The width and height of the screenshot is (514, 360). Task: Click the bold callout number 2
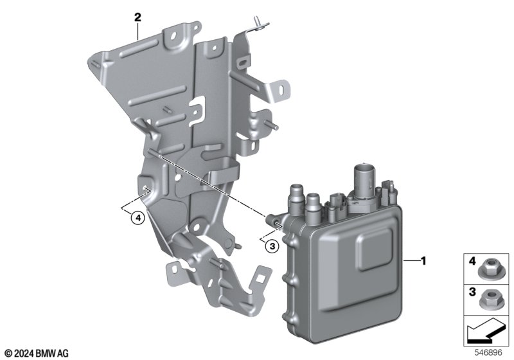tap(137, 17)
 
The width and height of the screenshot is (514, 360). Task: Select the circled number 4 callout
tap(137, 218)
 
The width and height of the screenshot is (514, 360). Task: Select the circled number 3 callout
tap(272, 246)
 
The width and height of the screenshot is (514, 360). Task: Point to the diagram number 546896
tap(488, 353)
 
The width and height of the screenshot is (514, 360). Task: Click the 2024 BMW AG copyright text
tap(37, 354)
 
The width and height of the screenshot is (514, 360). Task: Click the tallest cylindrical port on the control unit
tap(364, 178)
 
